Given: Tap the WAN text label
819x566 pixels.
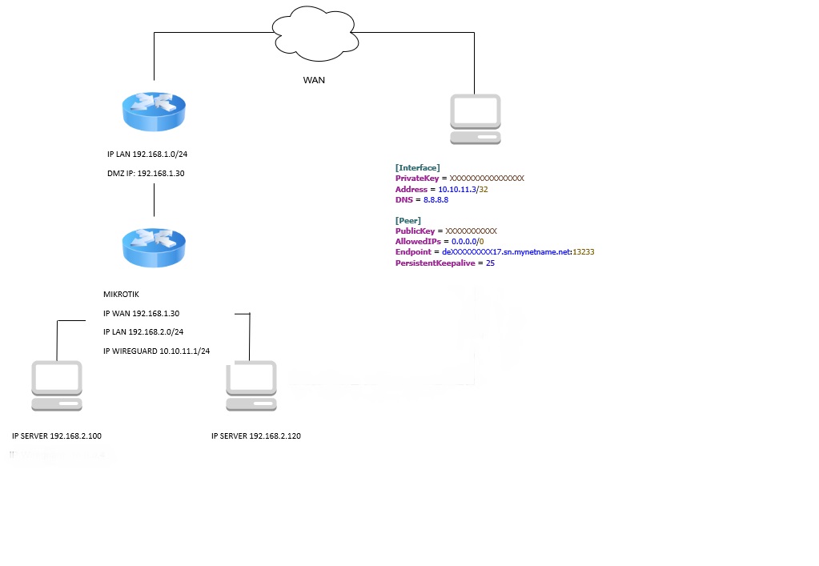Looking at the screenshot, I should tap(314, 80).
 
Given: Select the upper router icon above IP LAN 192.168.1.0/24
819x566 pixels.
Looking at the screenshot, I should tap(154, 111).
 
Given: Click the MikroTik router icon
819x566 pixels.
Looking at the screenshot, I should tap(154, 247).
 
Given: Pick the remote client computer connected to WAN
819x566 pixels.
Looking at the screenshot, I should tap(476, 119).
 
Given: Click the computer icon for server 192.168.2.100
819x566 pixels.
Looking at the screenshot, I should tap(57, 386).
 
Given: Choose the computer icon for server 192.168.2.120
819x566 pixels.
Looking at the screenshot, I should tap(251, 386).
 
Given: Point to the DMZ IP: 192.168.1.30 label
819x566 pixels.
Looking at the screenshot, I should tap(146, 172).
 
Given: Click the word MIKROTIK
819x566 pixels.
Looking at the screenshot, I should tap(121, 295).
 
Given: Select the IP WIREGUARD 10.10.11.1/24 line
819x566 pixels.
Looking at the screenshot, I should tap(156, 351).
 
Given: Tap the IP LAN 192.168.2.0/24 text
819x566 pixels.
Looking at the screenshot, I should tap(145, 331).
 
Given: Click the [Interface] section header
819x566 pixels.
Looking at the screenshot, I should tap(417, 167).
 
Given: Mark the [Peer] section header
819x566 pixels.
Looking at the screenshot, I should tap(408, 220).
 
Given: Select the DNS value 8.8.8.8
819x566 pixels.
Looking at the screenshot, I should tap(436, 199).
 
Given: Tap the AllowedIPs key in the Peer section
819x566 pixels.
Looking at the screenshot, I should tap(418, 241).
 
